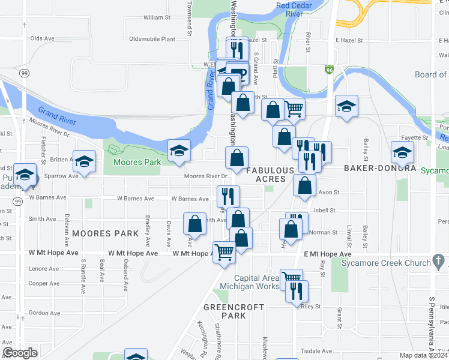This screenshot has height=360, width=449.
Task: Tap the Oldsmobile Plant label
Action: tap(152, 39)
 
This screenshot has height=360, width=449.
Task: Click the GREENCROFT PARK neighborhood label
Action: tap(225, 310)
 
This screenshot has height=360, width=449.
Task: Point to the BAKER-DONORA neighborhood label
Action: tap(380, 168)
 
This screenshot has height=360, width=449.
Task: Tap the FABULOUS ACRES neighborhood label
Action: tap(270, 175)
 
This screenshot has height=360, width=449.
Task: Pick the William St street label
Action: tap(157, 17)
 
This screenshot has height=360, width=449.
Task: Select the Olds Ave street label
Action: tap(42, 38)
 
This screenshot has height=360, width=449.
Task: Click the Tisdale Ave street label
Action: tap(316, 351)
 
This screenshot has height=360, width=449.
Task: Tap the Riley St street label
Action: tap(311, 306)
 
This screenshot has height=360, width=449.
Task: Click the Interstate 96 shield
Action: tap(330, 70)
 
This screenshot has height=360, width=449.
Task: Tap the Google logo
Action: tap(20, 353)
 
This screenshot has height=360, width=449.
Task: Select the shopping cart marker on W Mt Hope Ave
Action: tap(224, 251)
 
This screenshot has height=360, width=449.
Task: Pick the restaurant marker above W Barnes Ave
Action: tap(228, 196)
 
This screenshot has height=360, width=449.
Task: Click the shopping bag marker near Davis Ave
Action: tap(195, 224)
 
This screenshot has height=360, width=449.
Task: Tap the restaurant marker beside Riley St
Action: tap(297, 291)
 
